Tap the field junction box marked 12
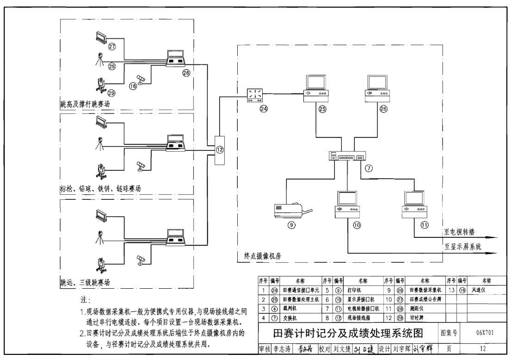[220, 149]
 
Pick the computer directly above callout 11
[414, 203]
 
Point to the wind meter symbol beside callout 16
[142, 79]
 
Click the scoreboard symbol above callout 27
[100, 37]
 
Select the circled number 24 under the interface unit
[251, 110]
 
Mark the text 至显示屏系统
[463, 247]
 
